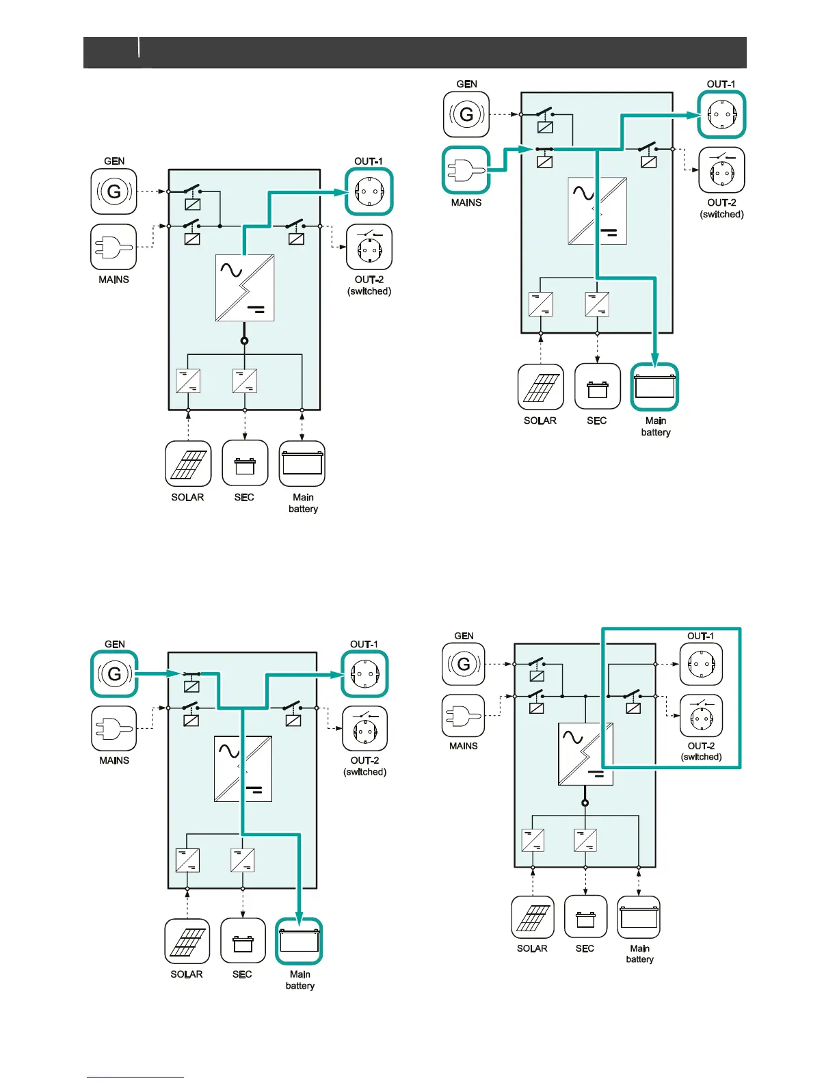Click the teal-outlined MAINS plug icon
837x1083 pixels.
click(x=466, y=170)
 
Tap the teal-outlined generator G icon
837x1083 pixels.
click(x=114, y=674)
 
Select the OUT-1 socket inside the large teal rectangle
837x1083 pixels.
click(x=701, y=664)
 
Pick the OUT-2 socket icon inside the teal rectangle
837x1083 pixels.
click(x=701, y=716)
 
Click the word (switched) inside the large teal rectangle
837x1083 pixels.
click(x=701, y=757)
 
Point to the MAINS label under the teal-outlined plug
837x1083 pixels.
click(x=466, y=202)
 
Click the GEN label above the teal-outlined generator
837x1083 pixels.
click(x=115, y=644)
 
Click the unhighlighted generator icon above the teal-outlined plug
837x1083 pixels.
click(x=466, y=114)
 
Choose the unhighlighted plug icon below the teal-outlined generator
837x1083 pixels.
click(x=114, y=728)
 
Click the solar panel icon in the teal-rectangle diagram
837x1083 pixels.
click(x=533, y=918)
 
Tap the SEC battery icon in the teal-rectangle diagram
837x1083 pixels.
click(x=585, y=918)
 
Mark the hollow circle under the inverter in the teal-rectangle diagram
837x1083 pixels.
click(x=585, y=803)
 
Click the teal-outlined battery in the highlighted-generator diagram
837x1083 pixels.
click(x=300, y=941)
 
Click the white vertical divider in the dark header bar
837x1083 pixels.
click(x=139, y=48)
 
